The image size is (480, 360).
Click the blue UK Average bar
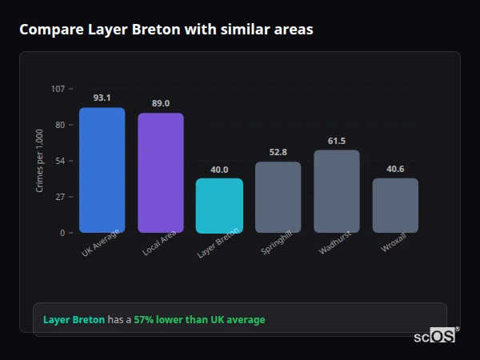click(x=102, y=170)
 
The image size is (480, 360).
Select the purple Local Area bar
click(x=160, y=173)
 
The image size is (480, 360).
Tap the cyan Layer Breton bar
click(x=219, y=206)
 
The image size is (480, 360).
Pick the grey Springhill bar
click(x=278, y=198)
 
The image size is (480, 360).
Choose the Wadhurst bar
click(x=337, y=191)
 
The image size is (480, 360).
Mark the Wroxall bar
click(x=395, y=206)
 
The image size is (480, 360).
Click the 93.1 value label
click(x=102, y=98)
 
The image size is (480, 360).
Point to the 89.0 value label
click(x=160, y=103)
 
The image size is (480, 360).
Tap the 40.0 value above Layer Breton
click(x=219, y=170)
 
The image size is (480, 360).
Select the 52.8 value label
click(x=278, y=152)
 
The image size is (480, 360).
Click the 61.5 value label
click(x=337, y=141)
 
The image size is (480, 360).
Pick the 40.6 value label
click(x=395, y=169)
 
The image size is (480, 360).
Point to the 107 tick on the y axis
click(x=58, y=89)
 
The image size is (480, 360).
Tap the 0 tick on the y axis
click(x=62, y=233)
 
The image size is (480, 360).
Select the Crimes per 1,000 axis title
click(x=40, y=160)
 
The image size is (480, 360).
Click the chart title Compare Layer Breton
click(x=166, y=30)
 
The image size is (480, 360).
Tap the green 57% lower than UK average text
click(x=199, y=320)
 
